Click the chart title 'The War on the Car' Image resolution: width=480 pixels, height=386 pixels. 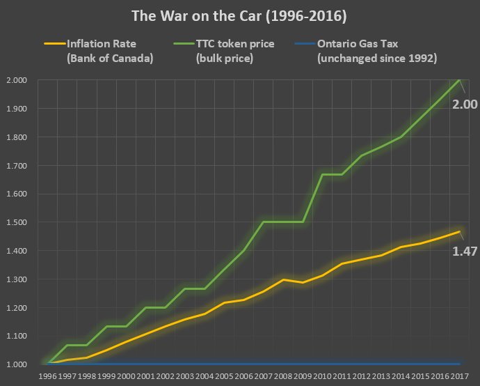click(239, 15)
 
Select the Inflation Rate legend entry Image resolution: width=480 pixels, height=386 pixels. click(109, 51)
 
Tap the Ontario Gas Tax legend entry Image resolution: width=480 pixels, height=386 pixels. click(376, 51)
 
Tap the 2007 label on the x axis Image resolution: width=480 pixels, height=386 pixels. click(263, 376)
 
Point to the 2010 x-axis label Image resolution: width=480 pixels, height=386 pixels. click(322, 376)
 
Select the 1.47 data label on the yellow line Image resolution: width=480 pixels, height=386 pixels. click(465, 251)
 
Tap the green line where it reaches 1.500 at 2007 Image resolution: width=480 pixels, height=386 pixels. click(263, 222)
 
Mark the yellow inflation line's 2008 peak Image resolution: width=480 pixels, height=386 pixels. click(282, 279)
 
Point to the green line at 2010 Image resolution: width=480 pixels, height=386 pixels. click(322, 175)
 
